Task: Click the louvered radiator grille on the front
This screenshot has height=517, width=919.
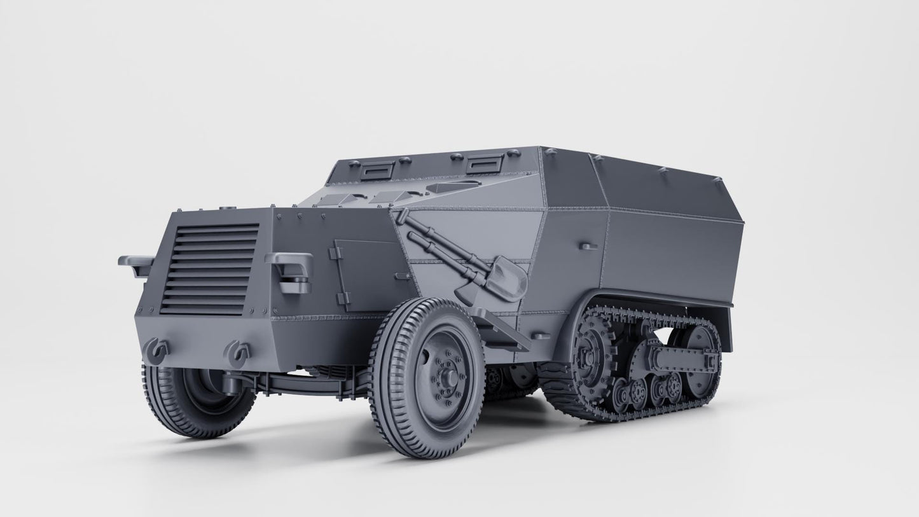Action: click(210, 268)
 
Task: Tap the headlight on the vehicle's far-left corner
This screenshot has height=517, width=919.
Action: click(135, 263)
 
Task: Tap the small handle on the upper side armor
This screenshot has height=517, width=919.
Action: click(589, 245)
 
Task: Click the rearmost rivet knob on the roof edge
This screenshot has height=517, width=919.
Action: click(717, 181)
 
